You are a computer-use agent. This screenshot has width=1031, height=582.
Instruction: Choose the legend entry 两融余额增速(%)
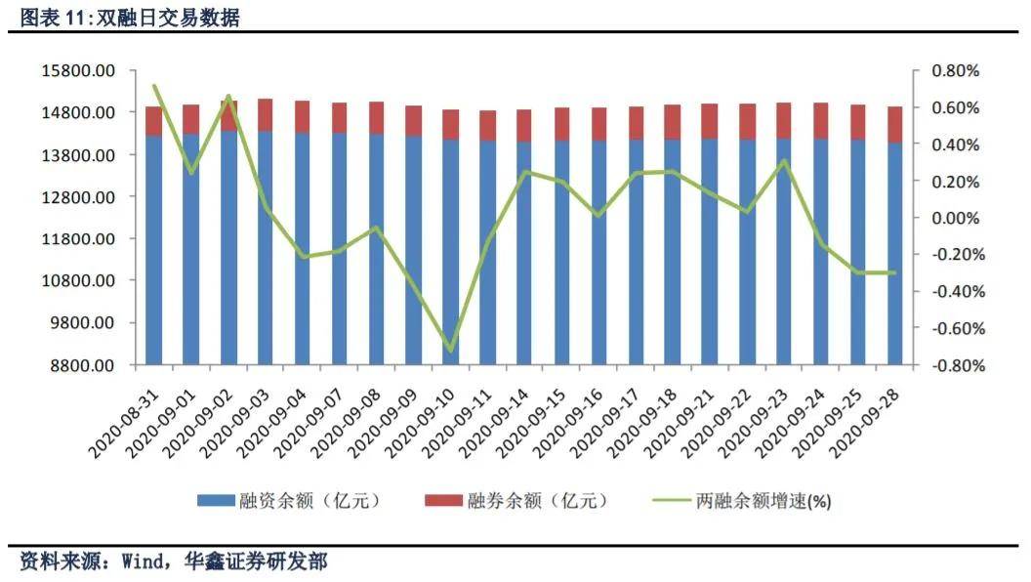763,501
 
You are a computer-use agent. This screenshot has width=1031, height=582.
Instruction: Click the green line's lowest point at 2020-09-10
450,350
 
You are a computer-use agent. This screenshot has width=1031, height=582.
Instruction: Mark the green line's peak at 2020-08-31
154,86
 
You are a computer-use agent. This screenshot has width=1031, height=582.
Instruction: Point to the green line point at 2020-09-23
783,161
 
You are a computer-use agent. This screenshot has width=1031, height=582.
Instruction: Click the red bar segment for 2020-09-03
265,114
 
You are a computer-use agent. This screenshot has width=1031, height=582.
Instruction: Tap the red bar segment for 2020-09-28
894,124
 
